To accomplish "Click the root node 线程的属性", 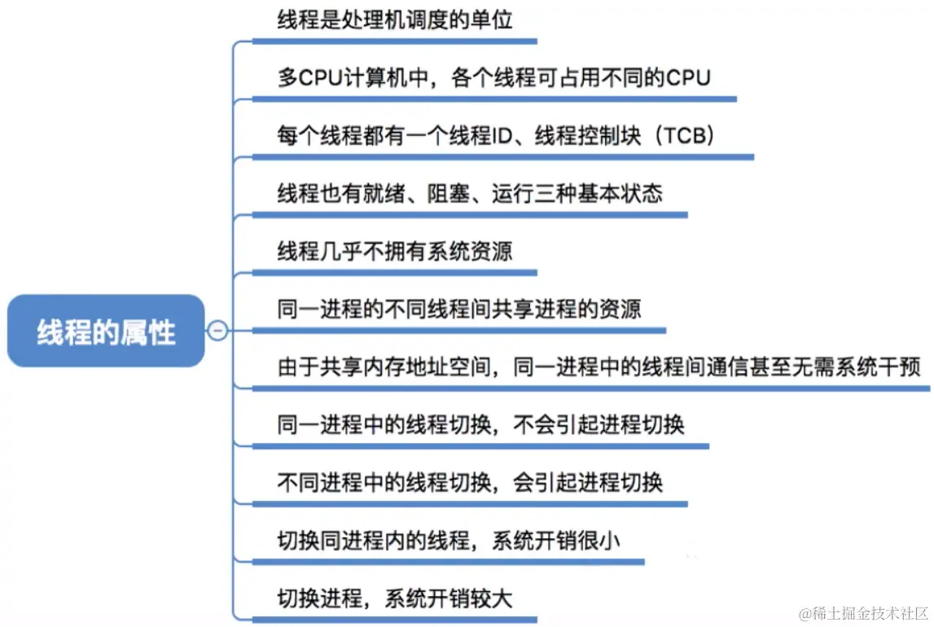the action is coord(106,331).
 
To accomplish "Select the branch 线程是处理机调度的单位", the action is coord(395,20).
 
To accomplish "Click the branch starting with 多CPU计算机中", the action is coord(493,78).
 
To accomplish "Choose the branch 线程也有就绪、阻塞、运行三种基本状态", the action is coord(470,194).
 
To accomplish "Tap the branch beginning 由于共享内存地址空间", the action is coord(599,367).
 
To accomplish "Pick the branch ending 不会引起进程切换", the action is coord(480,424).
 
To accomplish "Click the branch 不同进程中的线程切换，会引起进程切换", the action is coord(470,482).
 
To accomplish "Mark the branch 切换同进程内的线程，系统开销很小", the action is coord(449,540).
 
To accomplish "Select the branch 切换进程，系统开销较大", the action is coord(395,598).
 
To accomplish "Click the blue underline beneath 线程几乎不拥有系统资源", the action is coord(395,273).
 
